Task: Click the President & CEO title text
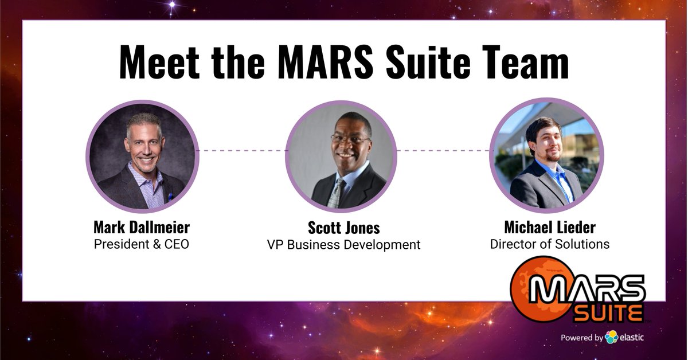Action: pos(142,244)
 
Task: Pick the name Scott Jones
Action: pos(343,228)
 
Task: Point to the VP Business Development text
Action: pos(343,245)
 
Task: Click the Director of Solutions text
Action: pos(549,244)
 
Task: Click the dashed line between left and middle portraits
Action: pos(241,151)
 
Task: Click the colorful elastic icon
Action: pos(611,337)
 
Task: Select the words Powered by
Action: pos(581,338)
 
